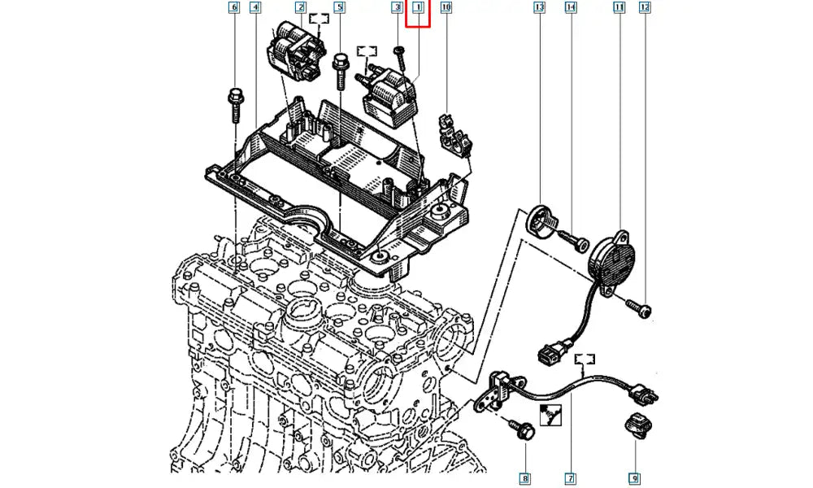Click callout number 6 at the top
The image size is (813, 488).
coord(234,9)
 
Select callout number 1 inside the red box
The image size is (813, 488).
coord(419,9)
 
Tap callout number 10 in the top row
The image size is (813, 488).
coord(445,9)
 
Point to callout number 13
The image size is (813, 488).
coord(538,9)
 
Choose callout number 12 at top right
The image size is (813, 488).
coord(645,9)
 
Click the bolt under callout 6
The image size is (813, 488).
coord(234,102)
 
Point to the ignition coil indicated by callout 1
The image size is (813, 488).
coord(392,96)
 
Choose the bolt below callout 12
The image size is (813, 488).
coord(639,307)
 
